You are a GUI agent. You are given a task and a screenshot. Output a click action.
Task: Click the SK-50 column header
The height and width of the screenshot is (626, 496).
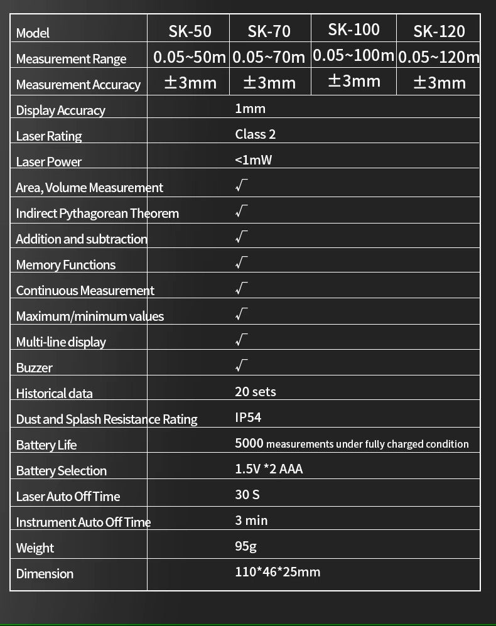(190, 31)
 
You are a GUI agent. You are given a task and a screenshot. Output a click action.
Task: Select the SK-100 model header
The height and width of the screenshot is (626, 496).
(353, 29)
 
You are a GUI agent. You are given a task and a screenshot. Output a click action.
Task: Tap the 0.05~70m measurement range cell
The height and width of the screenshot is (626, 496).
(269, 57)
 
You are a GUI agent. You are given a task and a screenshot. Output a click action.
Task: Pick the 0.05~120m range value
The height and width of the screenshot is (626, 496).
(439, 57)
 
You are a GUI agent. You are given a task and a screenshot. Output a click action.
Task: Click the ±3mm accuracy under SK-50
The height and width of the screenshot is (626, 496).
(190, 82)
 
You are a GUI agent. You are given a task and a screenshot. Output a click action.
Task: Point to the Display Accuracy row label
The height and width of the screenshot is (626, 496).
(60, 111)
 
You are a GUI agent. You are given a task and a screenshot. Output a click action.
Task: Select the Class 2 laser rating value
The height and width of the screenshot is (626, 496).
(255, 134)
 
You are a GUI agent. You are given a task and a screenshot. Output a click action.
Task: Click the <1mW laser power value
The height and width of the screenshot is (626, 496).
(253, 159)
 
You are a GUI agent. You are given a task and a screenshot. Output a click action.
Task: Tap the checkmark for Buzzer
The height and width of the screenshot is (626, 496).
(242, 365)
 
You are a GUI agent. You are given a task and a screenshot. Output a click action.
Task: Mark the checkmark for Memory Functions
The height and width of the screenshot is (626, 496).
(242, 262)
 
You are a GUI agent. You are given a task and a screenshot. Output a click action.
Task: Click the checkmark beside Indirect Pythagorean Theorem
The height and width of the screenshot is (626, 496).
(242, 211)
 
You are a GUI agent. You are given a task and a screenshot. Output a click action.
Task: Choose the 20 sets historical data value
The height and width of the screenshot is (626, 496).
(255, 392)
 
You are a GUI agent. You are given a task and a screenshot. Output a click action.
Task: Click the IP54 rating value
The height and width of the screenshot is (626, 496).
(248, 418)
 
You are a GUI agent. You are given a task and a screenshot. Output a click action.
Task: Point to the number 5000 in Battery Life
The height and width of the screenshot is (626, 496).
(249, 443)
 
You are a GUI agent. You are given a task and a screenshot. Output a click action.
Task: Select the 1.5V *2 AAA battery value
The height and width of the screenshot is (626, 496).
(268, 469)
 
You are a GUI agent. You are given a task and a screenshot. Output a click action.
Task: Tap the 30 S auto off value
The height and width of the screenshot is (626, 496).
(247, 495)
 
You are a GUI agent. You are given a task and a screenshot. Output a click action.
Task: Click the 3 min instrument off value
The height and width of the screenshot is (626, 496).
(251, 521)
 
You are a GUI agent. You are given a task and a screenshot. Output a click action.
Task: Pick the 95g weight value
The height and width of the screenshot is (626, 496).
(245, 546)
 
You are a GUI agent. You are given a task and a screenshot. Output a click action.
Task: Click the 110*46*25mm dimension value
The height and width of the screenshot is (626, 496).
(277, 572)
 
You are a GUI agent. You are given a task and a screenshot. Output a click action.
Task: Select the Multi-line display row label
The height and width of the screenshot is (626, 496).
(61, 342)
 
